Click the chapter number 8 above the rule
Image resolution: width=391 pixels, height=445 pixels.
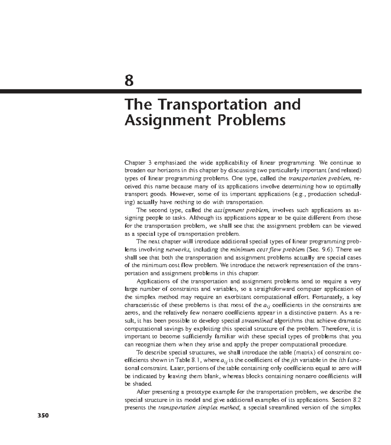point(129,80)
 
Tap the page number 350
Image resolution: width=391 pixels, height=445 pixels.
point(42,416)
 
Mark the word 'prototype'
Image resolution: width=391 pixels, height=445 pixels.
point(196,392)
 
